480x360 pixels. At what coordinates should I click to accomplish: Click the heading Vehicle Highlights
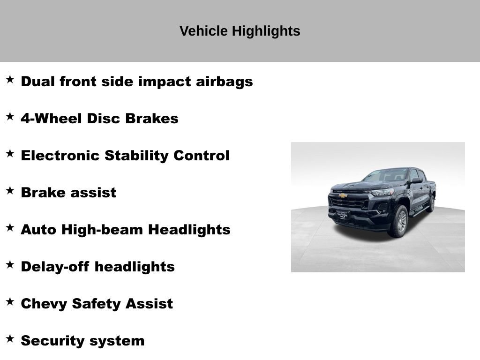click(240, 31)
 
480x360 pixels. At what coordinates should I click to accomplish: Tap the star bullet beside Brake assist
click(10, 190)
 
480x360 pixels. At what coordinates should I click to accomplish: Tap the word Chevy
click(44, 304)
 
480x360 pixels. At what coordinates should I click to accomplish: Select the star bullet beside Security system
click(10, 338)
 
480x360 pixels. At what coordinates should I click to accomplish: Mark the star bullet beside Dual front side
click(10, 79)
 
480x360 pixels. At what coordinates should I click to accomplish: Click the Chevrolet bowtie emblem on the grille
click(344, 195)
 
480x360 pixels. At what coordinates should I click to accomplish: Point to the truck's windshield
click(385, 176)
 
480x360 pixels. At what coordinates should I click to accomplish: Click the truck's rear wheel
click(430, 204)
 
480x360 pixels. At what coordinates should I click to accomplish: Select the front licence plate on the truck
click(342, 215)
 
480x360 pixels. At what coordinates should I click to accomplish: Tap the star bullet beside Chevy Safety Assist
click(10, 301)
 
